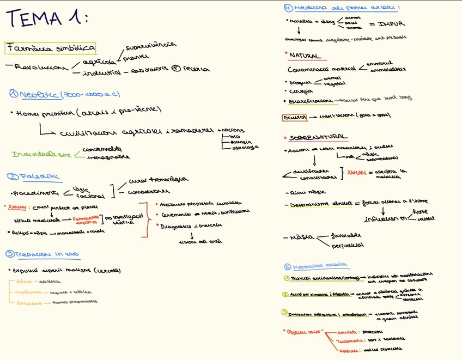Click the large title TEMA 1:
[46, 18]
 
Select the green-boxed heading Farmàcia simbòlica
[51, 48]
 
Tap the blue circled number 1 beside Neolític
[13, 94]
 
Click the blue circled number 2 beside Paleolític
[13, 176]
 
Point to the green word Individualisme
[41, 155]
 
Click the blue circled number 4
[288, 8]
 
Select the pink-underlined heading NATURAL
[305, 56]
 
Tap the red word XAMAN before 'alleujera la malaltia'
[356, 173]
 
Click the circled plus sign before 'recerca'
[175, 69]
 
